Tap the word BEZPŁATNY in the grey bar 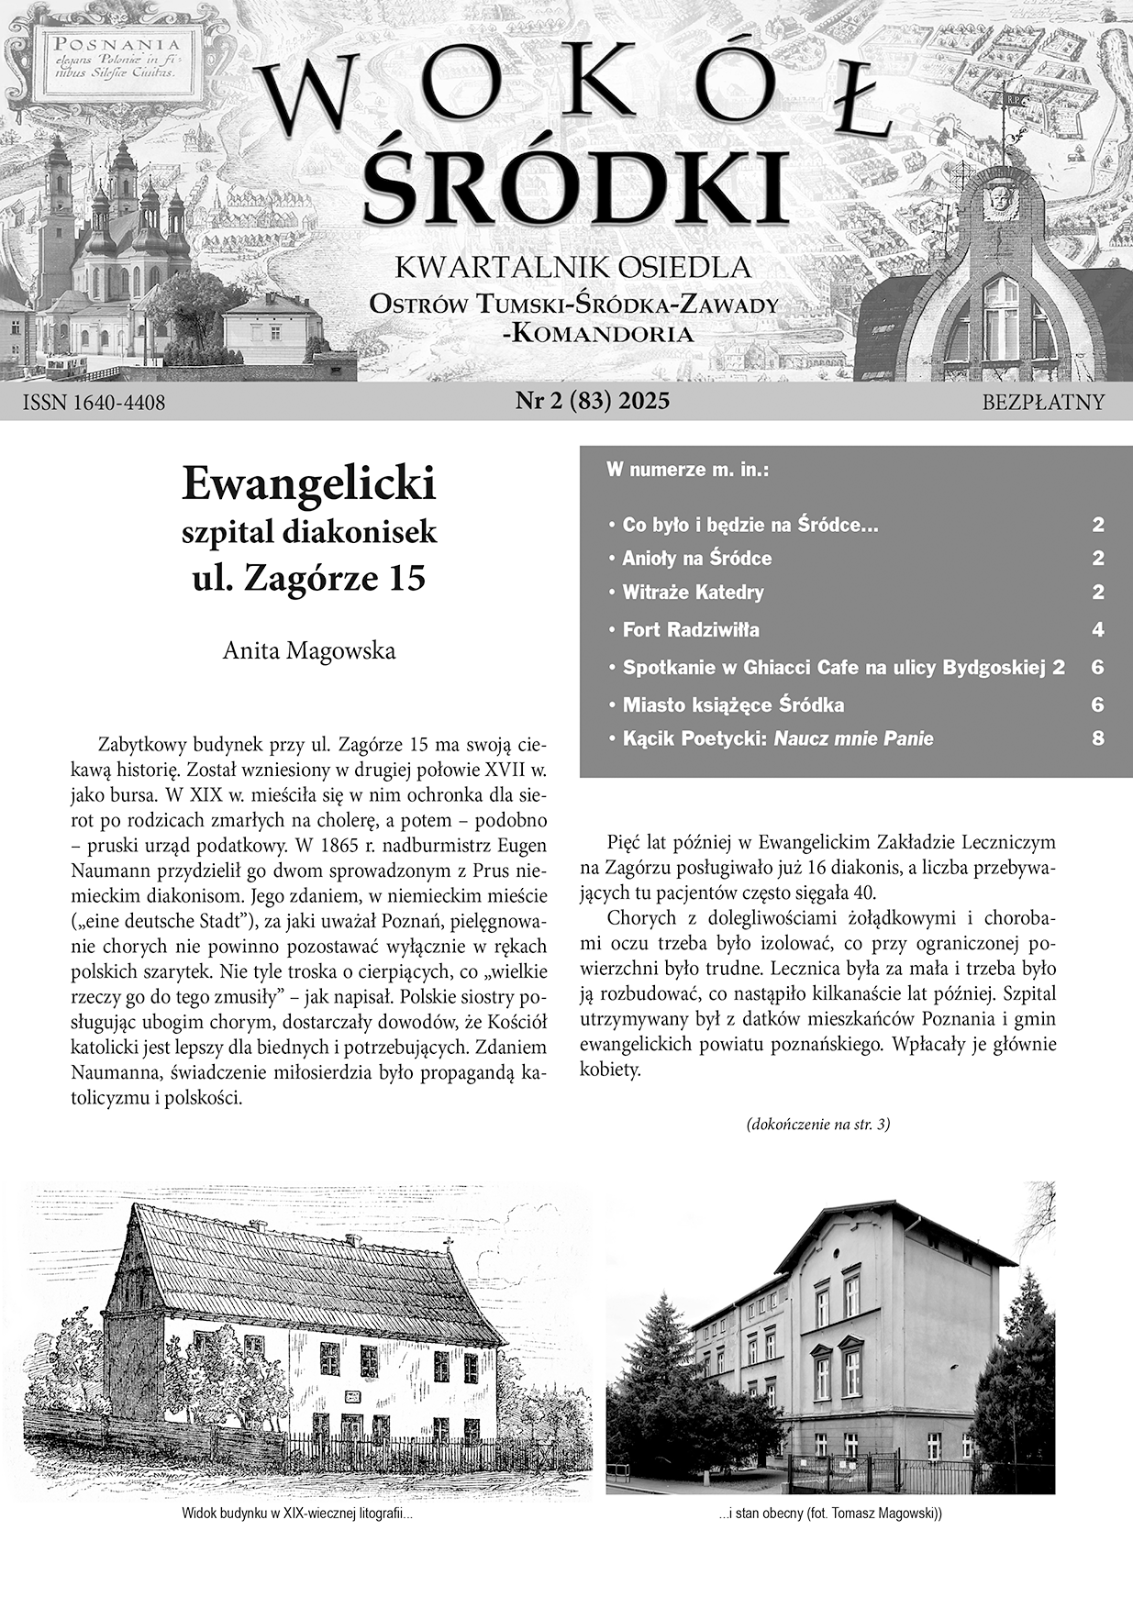pos(1043,403)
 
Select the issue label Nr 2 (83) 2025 pos(593,401)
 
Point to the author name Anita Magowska pos(309,651)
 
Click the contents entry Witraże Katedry pos(693,593)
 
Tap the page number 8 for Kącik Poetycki pos(1097,738)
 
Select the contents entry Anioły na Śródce pos(696,559)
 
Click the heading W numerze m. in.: pos(687,471)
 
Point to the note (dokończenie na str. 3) pos(818,1124)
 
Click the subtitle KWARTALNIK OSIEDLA pos(572,268)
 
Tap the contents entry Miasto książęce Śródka pos(732,705)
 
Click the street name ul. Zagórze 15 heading pos(308,580)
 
